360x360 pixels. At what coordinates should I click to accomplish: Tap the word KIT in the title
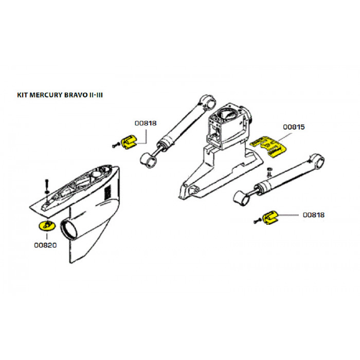click(23, 95)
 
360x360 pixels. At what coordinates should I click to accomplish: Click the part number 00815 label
click(294, 127)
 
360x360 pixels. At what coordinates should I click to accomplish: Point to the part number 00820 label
click(45, 245)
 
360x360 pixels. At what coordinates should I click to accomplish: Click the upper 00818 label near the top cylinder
click(146, 123)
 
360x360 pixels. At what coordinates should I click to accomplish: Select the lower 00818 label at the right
click(314, 215)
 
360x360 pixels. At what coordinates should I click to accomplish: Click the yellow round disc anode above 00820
click(47, 225)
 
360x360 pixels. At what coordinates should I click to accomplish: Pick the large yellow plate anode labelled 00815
click(269, 146)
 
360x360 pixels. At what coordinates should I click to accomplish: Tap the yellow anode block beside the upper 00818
click(129, 142)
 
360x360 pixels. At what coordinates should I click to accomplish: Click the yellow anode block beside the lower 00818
click(270, 218)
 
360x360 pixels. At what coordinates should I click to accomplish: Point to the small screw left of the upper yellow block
click(116, 145)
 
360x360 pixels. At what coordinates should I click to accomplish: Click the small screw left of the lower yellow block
click(257, 221)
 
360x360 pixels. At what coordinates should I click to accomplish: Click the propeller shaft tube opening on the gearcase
click(68, 229)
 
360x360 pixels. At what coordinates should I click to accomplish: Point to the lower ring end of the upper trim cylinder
click(149, 160)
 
